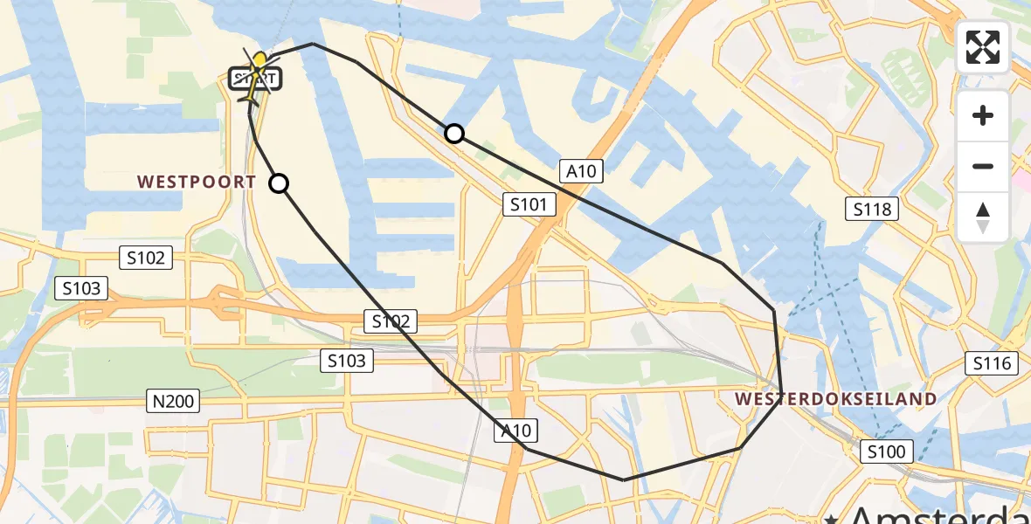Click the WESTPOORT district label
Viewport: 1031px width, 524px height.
coord(197,182)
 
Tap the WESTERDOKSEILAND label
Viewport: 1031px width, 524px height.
coord(835,399)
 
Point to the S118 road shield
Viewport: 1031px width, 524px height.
coord(872,208)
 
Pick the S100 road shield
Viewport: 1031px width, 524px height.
coord(888,452)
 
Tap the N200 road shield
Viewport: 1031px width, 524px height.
coord(172,401)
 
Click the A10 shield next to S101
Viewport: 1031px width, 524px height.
coord(581,171)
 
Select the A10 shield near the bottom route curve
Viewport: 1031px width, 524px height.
coord(515,430)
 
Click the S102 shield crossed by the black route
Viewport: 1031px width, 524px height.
coord(391,321)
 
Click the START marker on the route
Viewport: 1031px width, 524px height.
coord(255,79)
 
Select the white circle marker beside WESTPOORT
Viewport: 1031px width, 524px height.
coord(279,183)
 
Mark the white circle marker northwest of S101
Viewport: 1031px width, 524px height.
coord(454,134)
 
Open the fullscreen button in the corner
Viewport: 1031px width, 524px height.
coord(983,47)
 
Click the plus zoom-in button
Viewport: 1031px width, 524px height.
coord(983,115)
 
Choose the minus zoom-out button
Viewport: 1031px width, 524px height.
coord(983,166)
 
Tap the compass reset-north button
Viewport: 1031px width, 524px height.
coord(983,217)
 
